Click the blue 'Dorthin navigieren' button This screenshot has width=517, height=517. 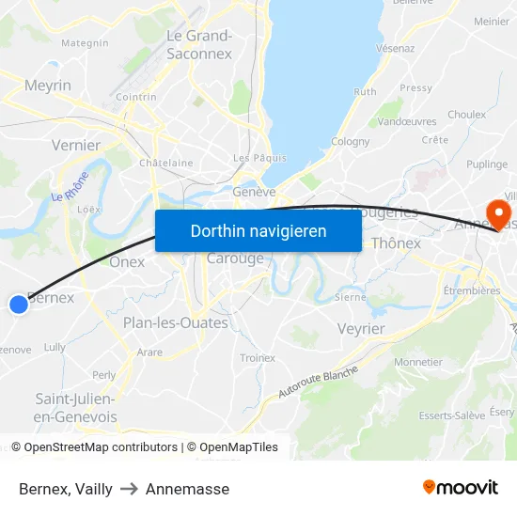258,231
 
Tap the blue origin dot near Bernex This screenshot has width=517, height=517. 19,304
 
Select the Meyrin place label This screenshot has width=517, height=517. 48,86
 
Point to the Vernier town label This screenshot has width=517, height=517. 76,145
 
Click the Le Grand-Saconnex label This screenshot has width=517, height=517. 199,45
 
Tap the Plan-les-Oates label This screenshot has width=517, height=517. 176,322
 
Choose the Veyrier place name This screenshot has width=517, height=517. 361,328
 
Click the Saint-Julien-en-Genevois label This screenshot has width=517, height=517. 75,407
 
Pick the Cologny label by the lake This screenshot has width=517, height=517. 351,142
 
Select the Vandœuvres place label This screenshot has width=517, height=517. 407,121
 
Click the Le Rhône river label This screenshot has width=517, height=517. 70,185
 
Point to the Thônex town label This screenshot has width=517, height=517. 396,243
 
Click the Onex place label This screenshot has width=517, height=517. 127,262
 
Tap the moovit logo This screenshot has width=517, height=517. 461,487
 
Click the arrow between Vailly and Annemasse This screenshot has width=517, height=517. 129,489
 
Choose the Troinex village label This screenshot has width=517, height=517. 258,358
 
